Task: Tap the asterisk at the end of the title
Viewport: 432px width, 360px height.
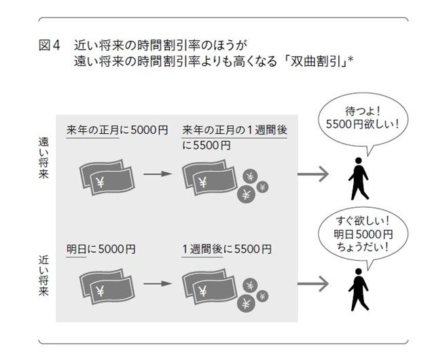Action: (353, 61)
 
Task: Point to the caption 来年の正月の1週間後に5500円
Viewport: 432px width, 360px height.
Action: (234, 137)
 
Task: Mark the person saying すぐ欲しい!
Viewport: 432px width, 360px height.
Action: (358, 289)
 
